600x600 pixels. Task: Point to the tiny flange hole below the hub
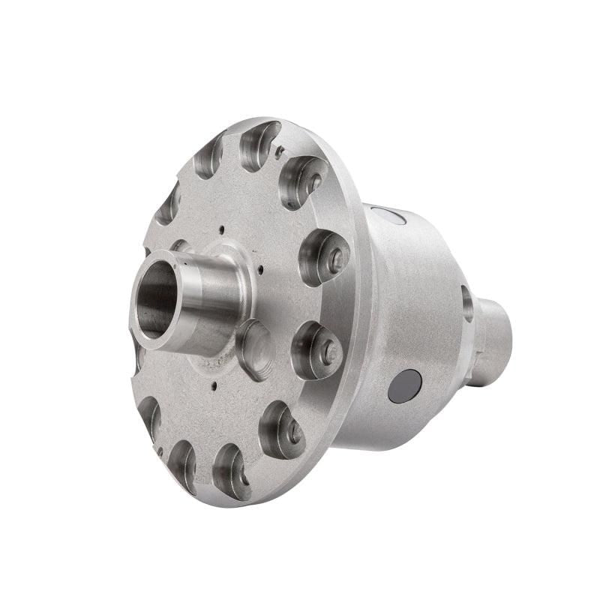[215, 388]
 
